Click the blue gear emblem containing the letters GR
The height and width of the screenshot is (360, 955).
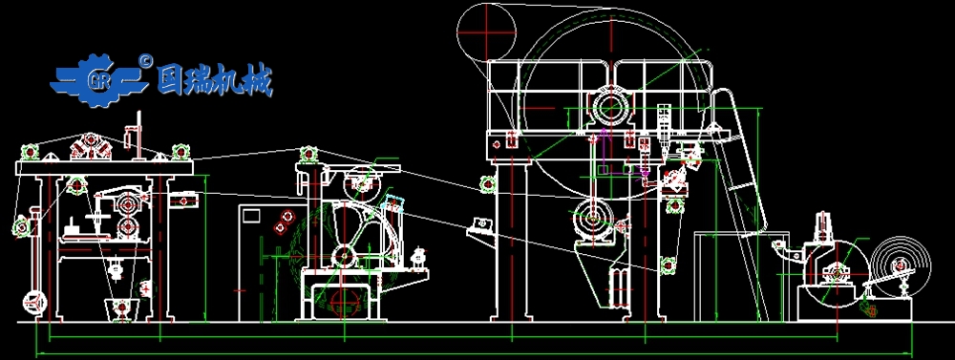tap(99, 80)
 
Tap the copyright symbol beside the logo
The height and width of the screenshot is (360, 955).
tap(145, 60)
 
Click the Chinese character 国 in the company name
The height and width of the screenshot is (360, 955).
tap(171, 80)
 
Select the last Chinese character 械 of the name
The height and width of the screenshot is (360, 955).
tap(257, 80)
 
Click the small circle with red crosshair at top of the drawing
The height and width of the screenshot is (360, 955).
tap(486, 32)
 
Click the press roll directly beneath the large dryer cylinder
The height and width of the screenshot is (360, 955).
tap(593, 218)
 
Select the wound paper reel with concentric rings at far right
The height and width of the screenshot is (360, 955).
tap(901, 266)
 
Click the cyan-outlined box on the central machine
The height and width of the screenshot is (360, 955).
tap(393, 204)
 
